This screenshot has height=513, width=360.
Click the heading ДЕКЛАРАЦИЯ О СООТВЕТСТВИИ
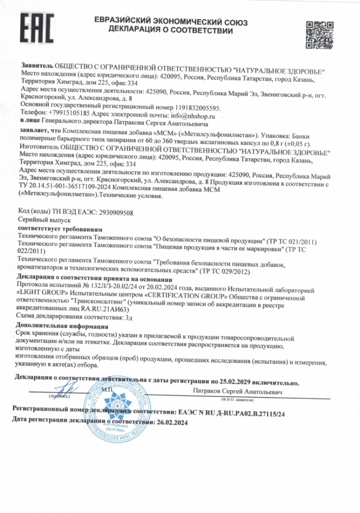click(x=170, y=31)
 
